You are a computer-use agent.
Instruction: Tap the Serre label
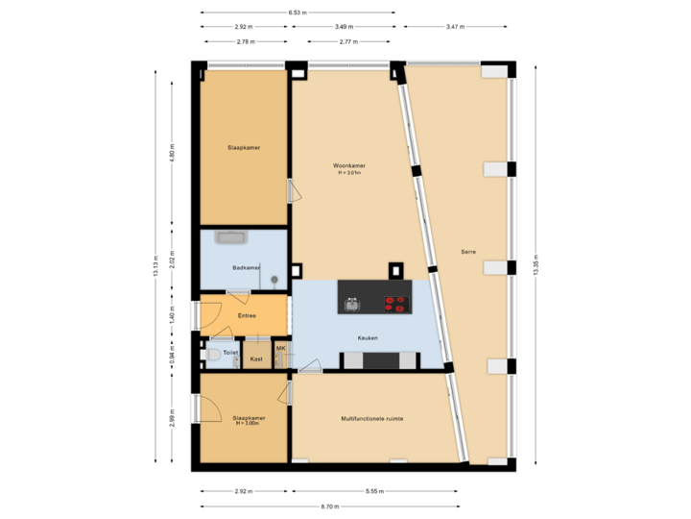pyautogui.click(x=468, y=252)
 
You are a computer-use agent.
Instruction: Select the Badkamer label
pyautogui.click(x=247, y=267)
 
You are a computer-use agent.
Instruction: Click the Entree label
pyautogui.click(x=247, y=315)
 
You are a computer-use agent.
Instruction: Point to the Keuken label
pyautogui.click(x=368, y=337)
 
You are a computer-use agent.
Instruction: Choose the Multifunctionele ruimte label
pyautogui.click(x=371, y=419)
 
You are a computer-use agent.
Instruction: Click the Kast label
pyautogui.click(x=256, y=358)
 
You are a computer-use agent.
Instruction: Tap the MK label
pyautogui.click(x=281, y=348)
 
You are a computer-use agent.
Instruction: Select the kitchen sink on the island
pyautogui.click(x=352, y=305)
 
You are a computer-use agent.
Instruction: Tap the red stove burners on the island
pyautogui.click(x=395, y=305)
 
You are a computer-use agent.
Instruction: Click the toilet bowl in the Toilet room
pyautogui.click(x=213, y=355)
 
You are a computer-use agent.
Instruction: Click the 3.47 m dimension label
pyautogui.click(x=456, y=27)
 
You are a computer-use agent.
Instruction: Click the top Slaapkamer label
pyautogui.click(x=244, y=148)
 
